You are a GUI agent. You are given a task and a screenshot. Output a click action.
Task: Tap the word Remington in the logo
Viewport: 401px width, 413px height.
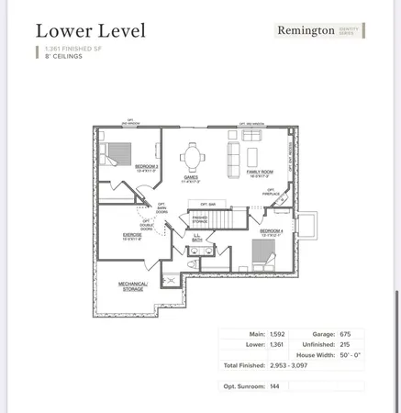tap(306, 30)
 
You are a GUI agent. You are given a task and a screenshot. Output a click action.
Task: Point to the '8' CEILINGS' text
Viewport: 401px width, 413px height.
tap(57, 56)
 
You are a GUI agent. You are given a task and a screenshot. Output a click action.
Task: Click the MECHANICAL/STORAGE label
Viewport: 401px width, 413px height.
tap(135, 286)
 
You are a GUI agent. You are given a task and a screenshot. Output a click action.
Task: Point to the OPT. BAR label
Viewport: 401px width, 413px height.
tap(207, 204)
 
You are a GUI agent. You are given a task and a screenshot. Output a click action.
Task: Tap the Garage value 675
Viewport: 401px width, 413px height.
tap(346, 334)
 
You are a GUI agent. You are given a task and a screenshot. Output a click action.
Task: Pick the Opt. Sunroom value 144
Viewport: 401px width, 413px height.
tap(274, 386)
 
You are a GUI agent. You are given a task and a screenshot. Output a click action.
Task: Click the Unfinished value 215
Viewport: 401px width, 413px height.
tap(345, 344)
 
